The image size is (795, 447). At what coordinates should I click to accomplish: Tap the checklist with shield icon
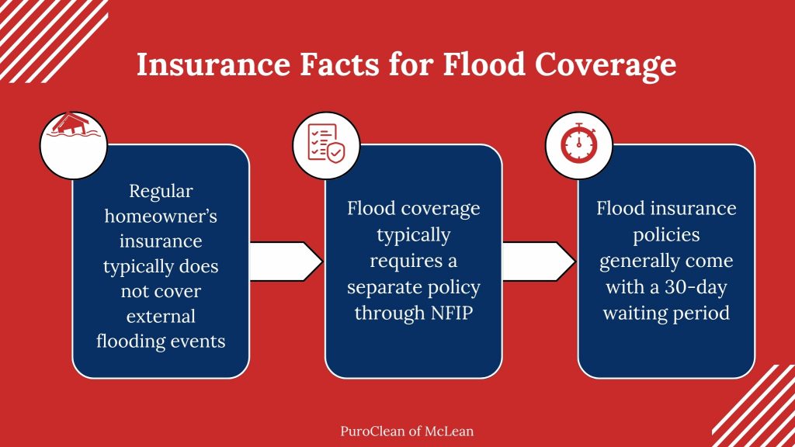tap(326, 142)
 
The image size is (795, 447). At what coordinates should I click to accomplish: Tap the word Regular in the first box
tap(161, 191)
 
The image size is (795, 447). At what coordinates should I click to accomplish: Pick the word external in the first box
tap(161, 316)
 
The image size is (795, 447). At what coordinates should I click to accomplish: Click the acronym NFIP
tap(445, 312)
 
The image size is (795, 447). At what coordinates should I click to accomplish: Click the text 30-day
tap(697, 286)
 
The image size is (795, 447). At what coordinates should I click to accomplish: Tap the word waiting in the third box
tap(636, 312)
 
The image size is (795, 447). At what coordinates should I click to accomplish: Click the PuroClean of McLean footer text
tap(397, 430)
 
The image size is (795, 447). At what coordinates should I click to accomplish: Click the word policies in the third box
tap(666, 235)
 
